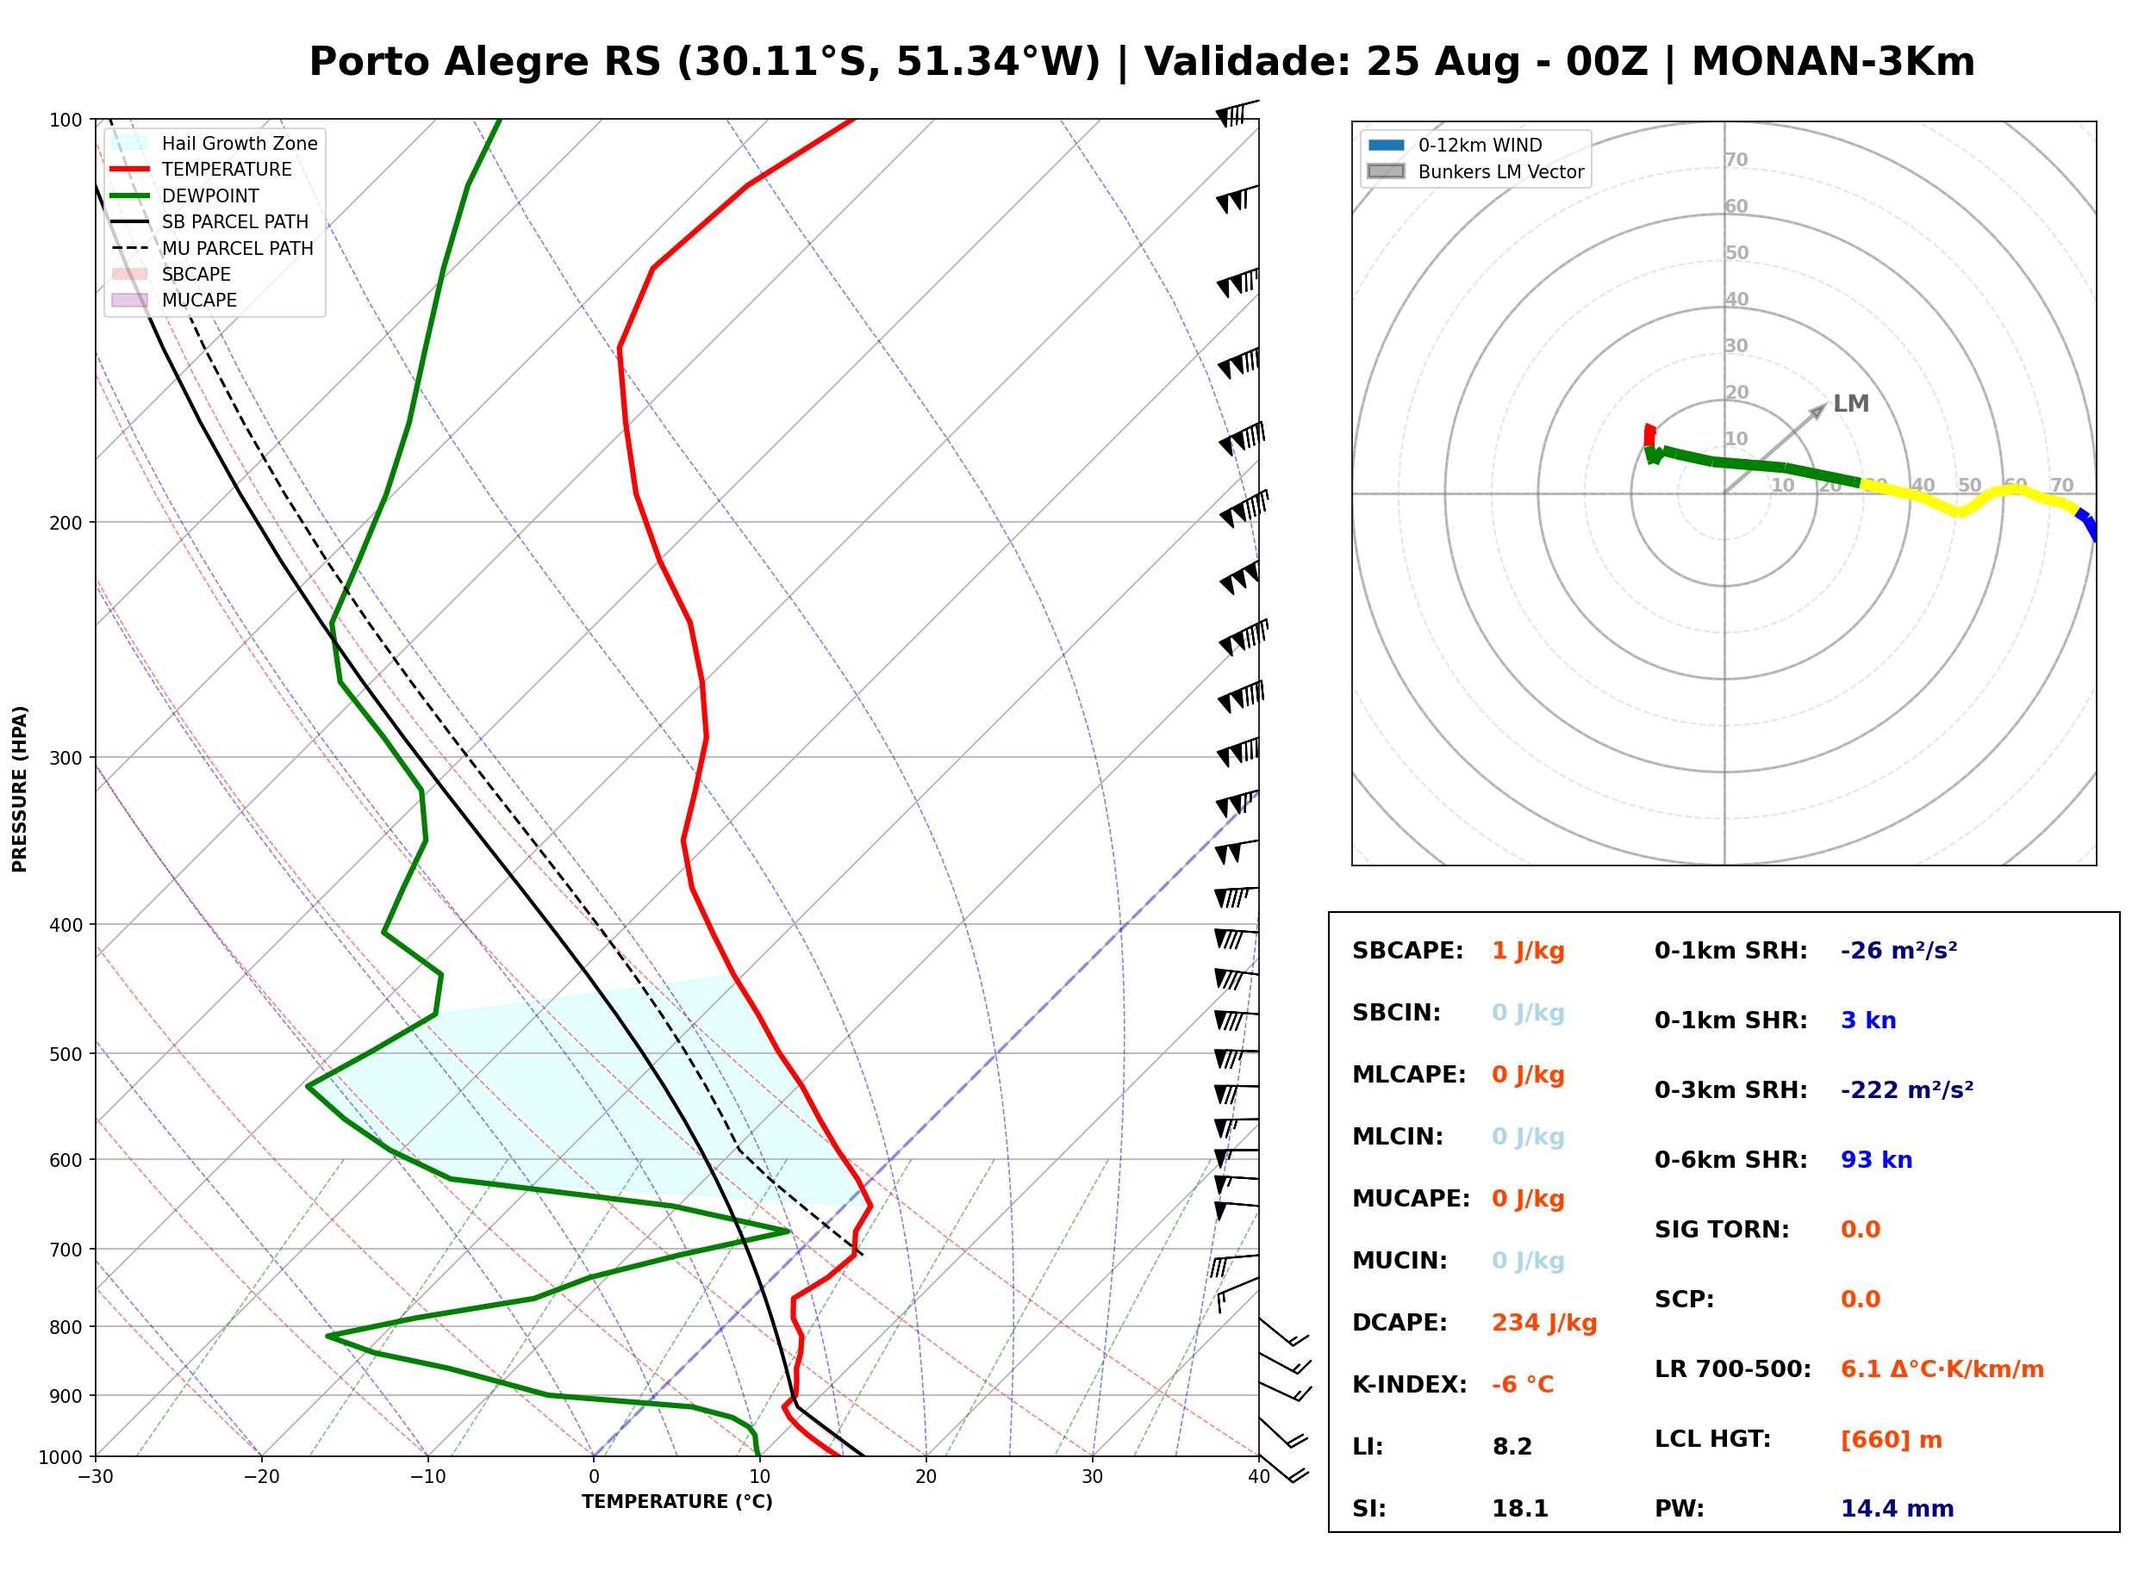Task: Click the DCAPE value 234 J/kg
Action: pos(1544,1323)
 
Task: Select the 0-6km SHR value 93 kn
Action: pos(1876,1160)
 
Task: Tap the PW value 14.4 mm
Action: pos(1898,1509)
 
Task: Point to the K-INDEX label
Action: pos(1410,1384)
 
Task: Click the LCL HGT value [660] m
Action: pos(1892,1440)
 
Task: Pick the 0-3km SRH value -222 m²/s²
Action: pos(1907,1089)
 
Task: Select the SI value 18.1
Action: pos(1520,1509)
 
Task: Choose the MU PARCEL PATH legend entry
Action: pos(213,248)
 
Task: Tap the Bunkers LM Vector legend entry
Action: pos(1475,171)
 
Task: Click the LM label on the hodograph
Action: pos(1850,404)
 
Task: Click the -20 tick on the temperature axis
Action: pos(260,1477)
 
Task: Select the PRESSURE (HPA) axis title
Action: pos(20,789)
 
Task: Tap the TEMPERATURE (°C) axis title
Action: pos(676,1502)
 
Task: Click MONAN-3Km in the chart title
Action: pos(1832,62)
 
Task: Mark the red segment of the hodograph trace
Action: pos(1649,435)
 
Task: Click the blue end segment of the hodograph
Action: pos(2086,524)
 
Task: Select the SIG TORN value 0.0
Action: pos(1860,1230)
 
